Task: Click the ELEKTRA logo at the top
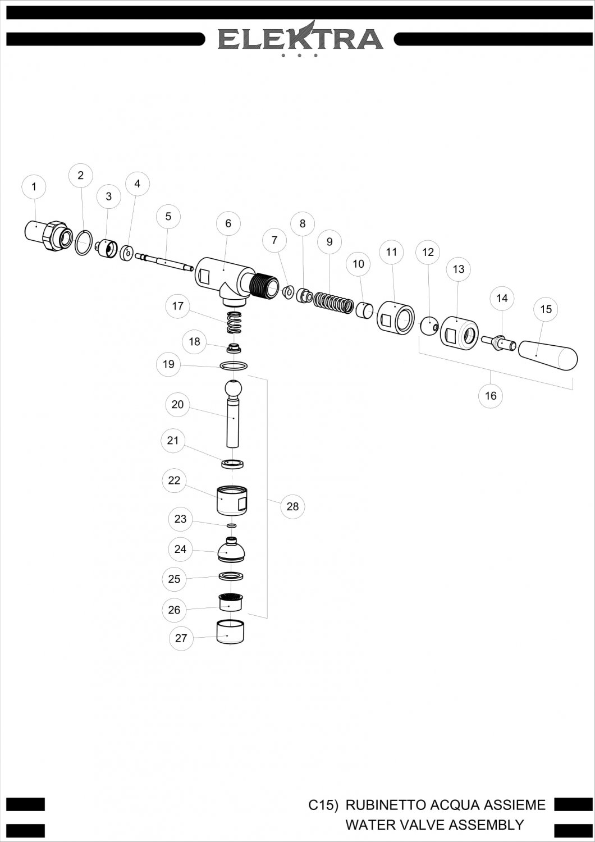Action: [301, 39]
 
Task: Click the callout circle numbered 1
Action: [34, 186]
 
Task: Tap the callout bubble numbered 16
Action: [491, 395]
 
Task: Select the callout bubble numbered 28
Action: [292, 506]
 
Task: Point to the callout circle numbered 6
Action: [228, 223]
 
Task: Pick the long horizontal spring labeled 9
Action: [333, 303]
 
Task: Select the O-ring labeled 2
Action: [84, 242]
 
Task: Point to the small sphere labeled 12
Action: [429, 326]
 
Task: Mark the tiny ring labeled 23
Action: [232, 525]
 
